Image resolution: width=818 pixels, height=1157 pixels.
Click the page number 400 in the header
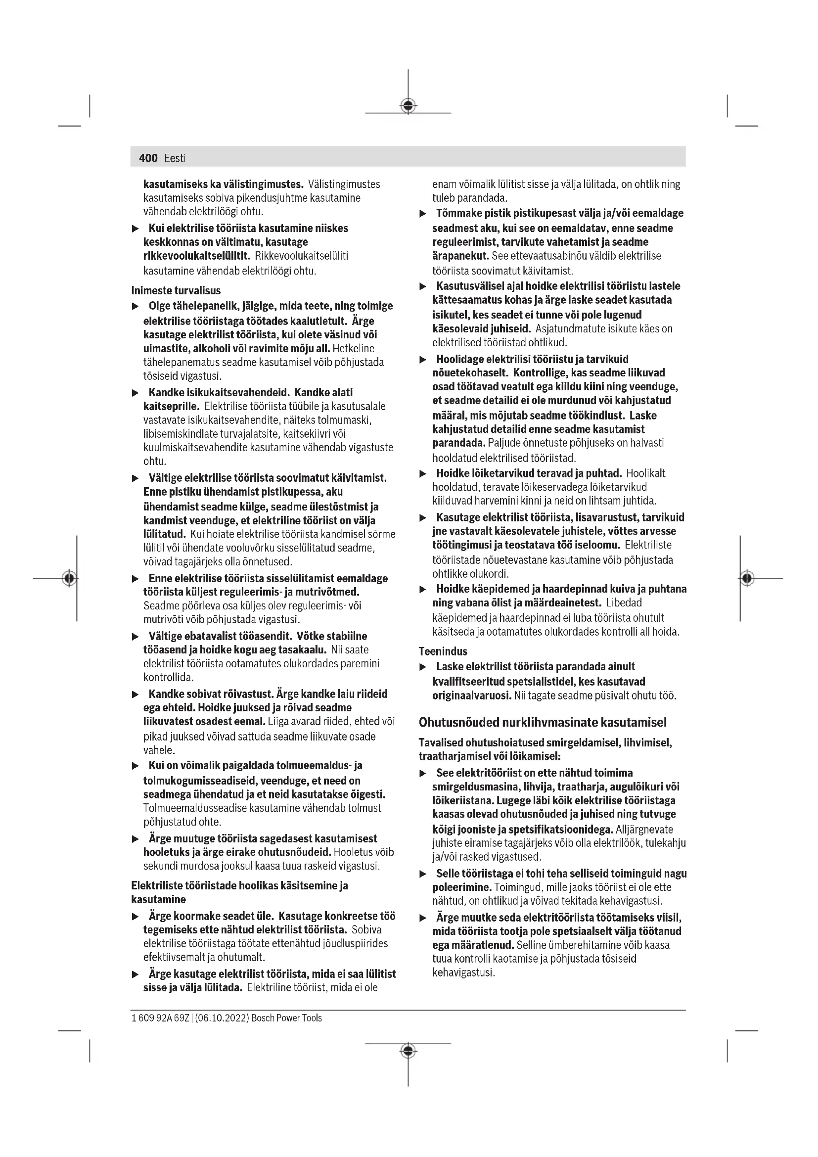[148, 158]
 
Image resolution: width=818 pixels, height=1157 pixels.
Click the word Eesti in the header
[175, 158]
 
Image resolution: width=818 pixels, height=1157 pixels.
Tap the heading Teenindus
[443, 651]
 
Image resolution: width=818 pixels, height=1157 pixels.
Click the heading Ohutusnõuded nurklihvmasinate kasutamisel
[543, 722]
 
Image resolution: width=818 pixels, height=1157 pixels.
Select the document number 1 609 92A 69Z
[160, 1018]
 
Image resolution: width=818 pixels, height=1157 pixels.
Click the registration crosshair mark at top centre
[408, 105]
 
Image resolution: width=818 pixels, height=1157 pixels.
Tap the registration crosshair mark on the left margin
[70, 578]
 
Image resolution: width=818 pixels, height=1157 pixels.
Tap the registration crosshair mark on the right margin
[747, 578]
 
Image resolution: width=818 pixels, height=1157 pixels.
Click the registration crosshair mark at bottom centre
[408, 1051]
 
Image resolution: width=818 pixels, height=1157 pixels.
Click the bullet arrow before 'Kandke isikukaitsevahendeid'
[135, 393]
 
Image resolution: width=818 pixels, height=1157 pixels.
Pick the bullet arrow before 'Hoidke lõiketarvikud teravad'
[423, 474]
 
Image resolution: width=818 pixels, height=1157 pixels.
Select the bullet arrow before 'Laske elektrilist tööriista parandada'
[423, 667]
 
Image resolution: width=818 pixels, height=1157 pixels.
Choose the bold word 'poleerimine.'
[461, 887]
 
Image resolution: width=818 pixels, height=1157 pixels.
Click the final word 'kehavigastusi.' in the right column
[463, 972]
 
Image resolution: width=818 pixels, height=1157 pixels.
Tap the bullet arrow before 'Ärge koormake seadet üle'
[135, 916]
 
